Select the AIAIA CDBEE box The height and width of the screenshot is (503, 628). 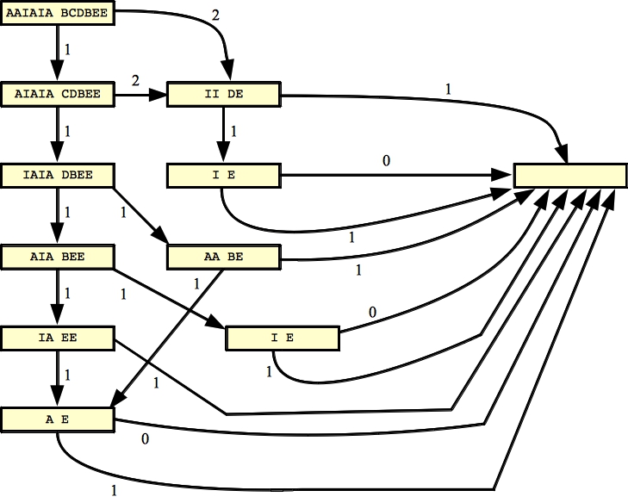[58, 93]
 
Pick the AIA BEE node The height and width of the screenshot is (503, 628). [58, 256]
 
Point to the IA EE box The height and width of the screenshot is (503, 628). [58, 338]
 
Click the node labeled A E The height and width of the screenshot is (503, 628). [58, 419]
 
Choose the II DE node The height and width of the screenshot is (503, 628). [224, 93]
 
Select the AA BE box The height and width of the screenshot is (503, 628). [224, 257]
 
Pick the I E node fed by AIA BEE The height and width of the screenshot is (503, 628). [282, 338]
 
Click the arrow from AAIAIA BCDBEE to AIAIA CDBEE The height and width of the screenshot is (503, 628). [58, 53]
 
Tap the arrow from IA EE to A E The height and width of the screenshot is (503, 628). [58, 379]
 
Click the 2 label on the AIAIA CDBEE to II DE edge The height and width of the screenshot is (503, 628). [134, 80]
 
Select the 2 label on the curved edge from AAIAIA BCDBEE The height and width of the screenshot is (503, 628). [216, 16]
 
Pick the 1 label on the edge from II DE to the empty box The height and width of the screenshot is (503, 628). [447, 88]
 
